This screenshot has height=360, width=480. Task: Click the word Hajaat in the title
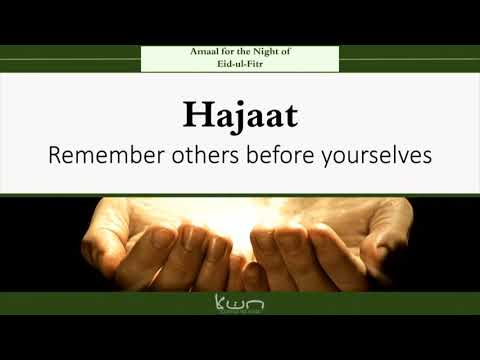[x=240, y=116]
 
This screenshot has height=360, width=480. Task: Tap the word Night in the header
[x=259, y=51]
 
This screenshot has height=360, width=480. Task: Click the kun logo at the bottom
[x=240, y=303]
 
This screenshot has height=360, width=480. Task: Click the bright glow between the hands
[x=240, y=215]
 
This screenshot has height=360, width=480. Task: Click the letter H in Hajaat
[x=195, y=115]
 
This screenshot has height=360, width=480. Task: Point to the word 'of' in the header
[x=287, y=51]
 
